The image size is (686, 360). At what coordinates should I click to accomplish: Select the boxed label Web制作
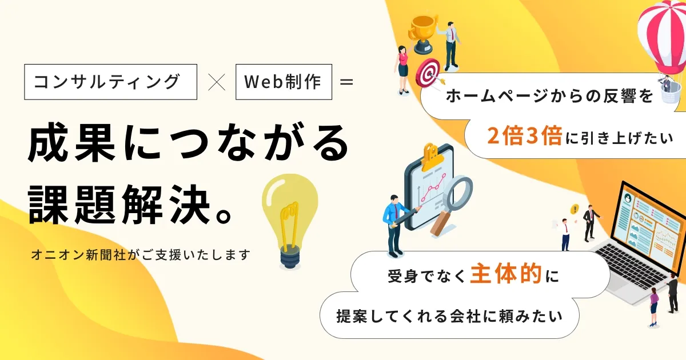pos(283,82)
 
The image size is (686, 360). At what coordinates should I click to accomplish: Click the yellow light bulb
pos(289,217)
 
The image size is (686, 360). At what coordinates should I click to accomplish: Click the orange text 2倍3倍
pos(524,135)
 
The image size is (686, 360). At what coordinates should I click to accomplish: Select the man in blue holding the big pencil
pos(394,223)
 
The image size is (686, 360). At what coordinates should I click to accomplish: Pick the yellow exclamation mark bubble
pos(575,209)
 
